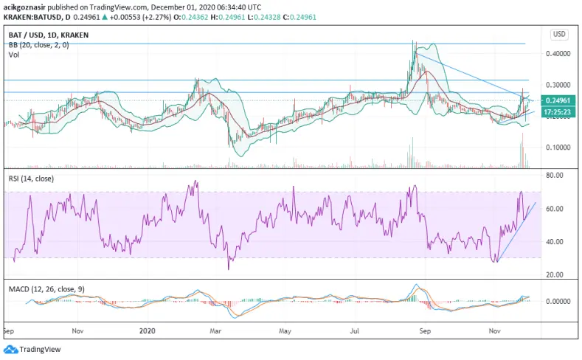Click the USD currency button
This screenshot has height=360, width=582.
pos(559,35)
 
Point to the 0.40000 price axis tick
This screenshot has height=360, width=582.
pos(558,54)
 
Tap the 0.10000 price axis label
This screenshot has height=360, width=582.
pos(558,148)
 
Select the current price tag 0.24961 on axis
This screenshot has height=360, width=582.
pos(558,100)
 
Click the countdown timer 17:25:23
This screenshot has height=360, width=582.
pos(558,111)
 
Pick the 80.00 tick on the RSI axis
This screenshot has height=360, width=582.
pos(555,176)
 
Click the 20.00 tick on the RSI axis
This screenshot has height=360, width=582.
pos(555,275)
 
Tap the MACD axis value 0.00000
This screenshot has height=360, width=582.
pos(558,302)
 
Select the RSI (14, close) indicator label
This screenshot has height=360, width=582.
pos(31,179)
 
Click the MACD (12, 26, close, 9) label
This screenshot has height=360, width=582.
pos(46,289)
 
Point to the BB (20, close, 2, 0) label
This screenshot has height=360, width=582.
pos(38,45)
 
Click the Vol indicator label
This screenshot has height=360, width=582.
pos(14,55)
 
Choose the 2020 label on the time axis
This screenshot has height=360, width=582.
pos(147,330)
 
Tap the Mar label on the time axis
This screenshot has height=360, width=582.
pos(215,330)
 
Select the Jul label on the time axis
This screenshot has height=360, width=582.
pos(355,330)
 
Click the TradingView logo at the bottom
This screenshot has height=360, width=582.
pos(32,349)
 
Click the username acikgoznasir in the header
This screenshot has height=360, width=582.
pos(24,7)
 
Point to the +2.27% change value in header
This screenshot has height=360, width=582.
pos(159,17)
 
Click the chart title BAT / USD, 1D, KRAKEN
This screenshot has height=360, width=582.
pos(49,35)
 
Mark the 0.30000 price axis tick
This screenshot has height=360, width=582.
pos(558,85)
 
